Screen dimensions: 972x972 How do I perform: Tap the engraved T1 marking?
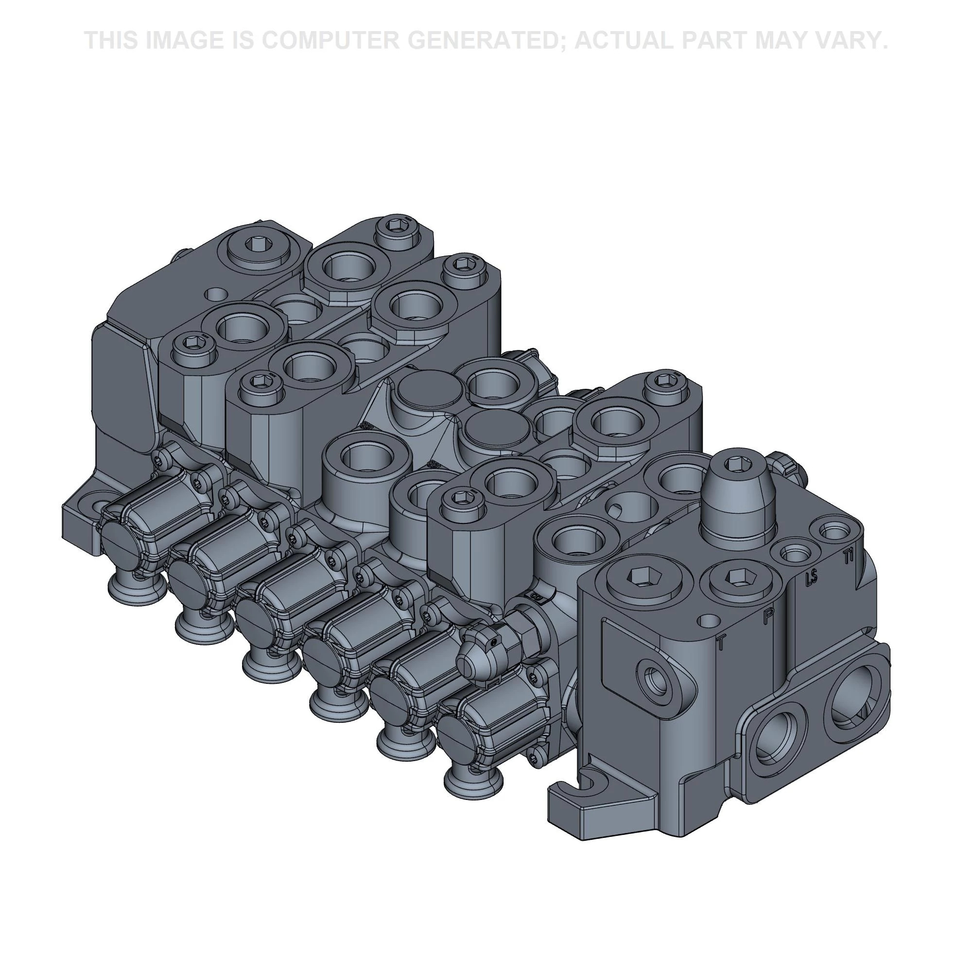click(849, 556)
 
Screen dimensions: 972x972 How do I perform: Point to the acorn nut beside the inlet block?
click(475, 659)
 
